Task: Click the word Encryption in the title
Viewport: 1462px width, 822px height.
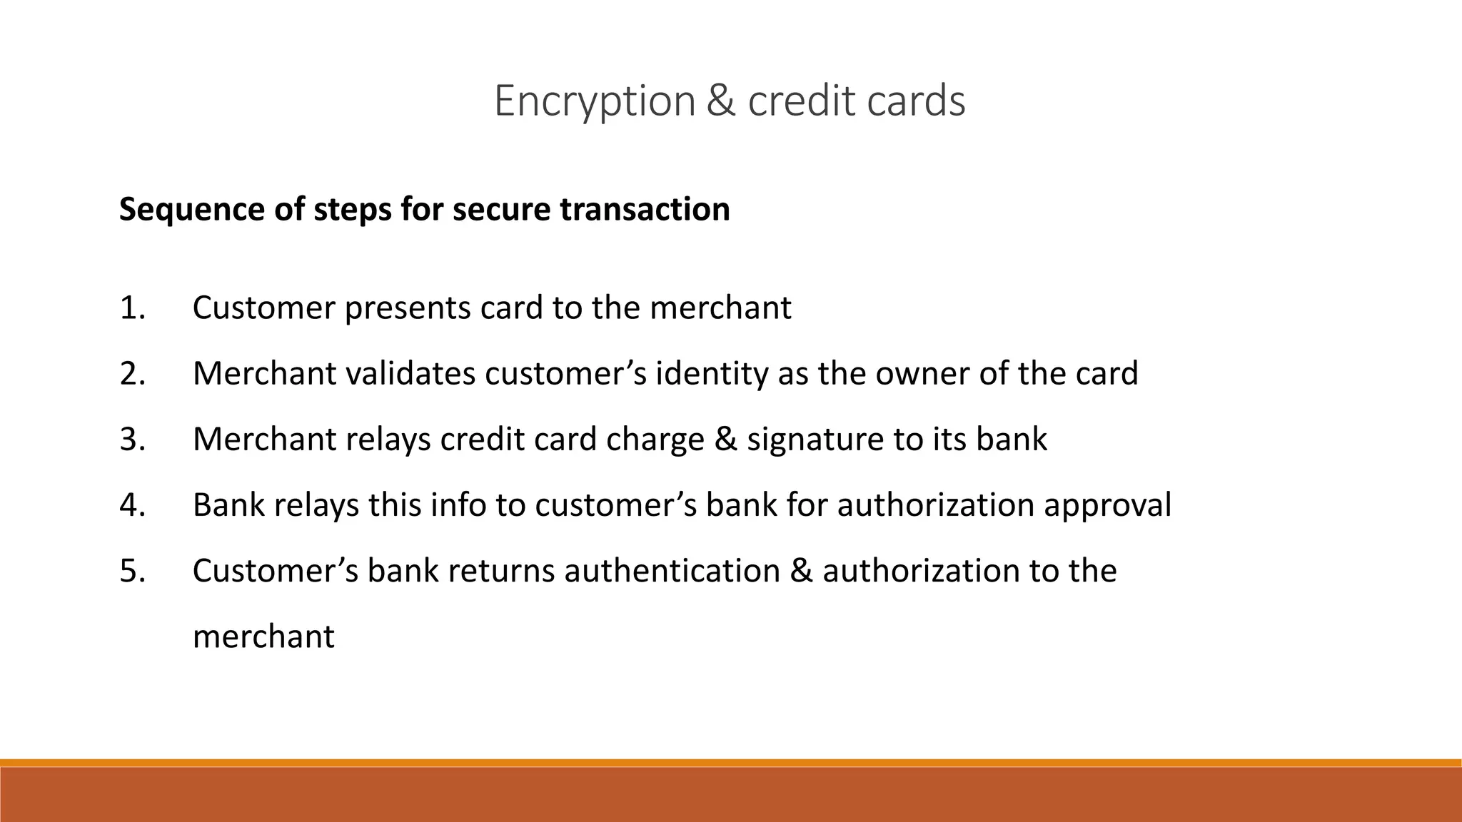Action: point(595,101)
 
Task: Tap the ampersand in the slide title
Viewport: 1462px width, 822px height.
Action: point(721,101)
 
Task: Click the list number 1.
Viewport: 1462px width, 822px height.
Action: point(133,308)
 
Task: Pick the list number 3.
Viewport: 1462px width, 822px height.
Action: point(133,440)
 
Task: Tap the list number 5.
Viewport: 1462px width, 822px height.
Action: point(133,571)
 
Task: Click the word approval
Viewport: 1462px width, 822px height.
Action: point(1107,505)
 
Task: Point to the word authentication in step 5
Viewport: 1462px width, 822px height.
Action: point(672,571)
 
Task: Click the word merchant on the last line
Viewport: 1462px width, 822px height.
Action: point(263,636)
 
